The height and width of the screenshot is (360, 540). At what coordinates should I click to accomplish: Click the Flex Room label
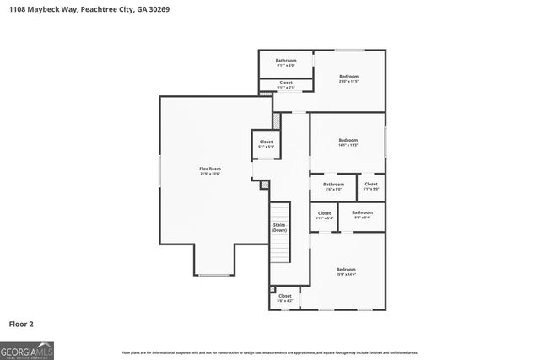209,171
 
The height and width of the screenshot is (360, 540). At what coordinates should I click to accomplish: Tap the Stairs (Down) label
279,227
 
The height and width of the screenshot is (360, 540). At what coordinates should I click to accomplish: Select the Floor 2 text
22,323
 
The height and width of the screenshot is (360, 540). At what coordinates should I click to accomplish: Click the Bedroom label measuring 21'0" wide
348,78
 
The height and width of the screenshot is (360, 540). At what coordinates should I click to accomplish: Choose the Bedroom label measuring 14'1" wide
348,142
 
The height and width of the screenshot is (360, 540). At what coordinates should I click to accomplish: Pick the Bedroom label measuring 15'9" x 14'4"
346,271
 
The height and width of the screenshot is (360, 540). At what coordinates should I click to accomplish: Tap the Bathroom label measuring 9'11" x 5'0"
286,62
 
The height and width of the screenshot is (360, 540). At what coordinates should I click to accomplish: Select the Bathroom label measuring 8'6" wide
333,185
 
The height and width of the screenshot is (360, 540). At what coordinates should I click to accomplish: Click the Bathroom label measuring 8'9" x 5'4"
362,215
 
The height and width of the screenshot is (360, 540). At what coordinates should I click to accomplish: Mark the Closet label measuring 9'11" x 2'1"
286,84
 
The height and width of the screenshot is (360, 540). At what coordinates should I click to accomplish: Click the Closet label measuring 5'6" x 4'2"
285,298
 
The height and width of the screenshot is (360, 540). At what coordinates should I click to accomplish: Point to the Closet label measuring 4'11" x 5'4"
324,215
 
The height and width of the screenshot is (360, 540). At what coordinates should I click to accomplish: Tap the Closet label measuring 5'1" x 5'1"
266,144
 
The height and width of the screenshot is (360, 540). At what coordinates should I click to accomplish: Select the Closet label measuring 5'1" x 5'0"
370,185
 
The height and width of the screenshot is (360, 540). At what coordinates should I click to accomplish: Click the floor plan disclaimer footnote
269,352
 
